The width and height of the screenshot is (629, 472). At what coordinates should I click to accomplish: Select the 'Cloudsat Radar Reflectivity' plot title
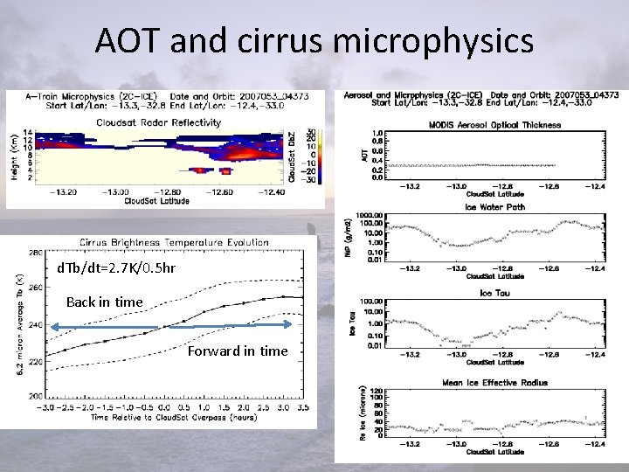(x=158, y=122)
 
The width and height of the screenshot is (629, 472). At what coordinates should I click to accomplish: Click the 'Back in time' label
(x=104, y=302)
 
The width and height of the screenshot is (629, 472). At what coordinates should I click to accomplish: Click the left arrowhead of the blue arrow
(x=52, y=326)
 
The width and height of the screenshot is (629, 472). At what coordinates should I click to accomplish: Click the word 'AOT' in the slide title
(x=128, y=40)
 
